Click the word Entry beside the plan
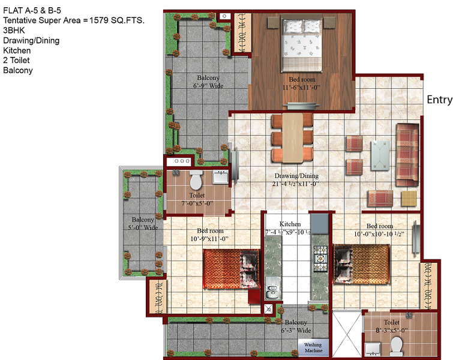(439, 100)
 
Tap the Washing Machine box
(313, 347)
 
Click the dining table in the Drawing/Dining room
(293, 138)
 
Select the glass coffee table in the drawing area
(380, 155)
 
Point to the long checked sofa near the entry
(407, 155)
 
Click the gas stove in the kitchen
(320, 258)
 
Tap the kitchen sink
(272, 289)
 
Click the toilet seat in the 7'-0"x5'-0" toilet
(196, 180)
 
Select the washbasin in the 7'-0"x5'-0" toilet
(220, 176)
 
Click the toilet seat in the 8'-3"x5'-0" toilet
(397, 346)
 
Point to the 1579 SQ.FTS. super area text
(117, 20)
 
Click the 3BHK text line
(14, 31)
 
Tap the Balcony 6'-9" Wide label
(208, 82)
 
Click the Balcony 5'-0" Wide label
(143, 223)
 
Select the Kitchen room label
(290, 224)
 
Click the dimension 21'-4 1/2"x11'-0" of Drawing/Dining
(295, 184)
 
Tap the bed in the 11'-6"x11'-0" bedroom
(302, 45)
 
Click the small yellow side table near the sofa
(409, 199)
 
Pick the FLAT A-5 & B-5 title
(32, 11)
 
